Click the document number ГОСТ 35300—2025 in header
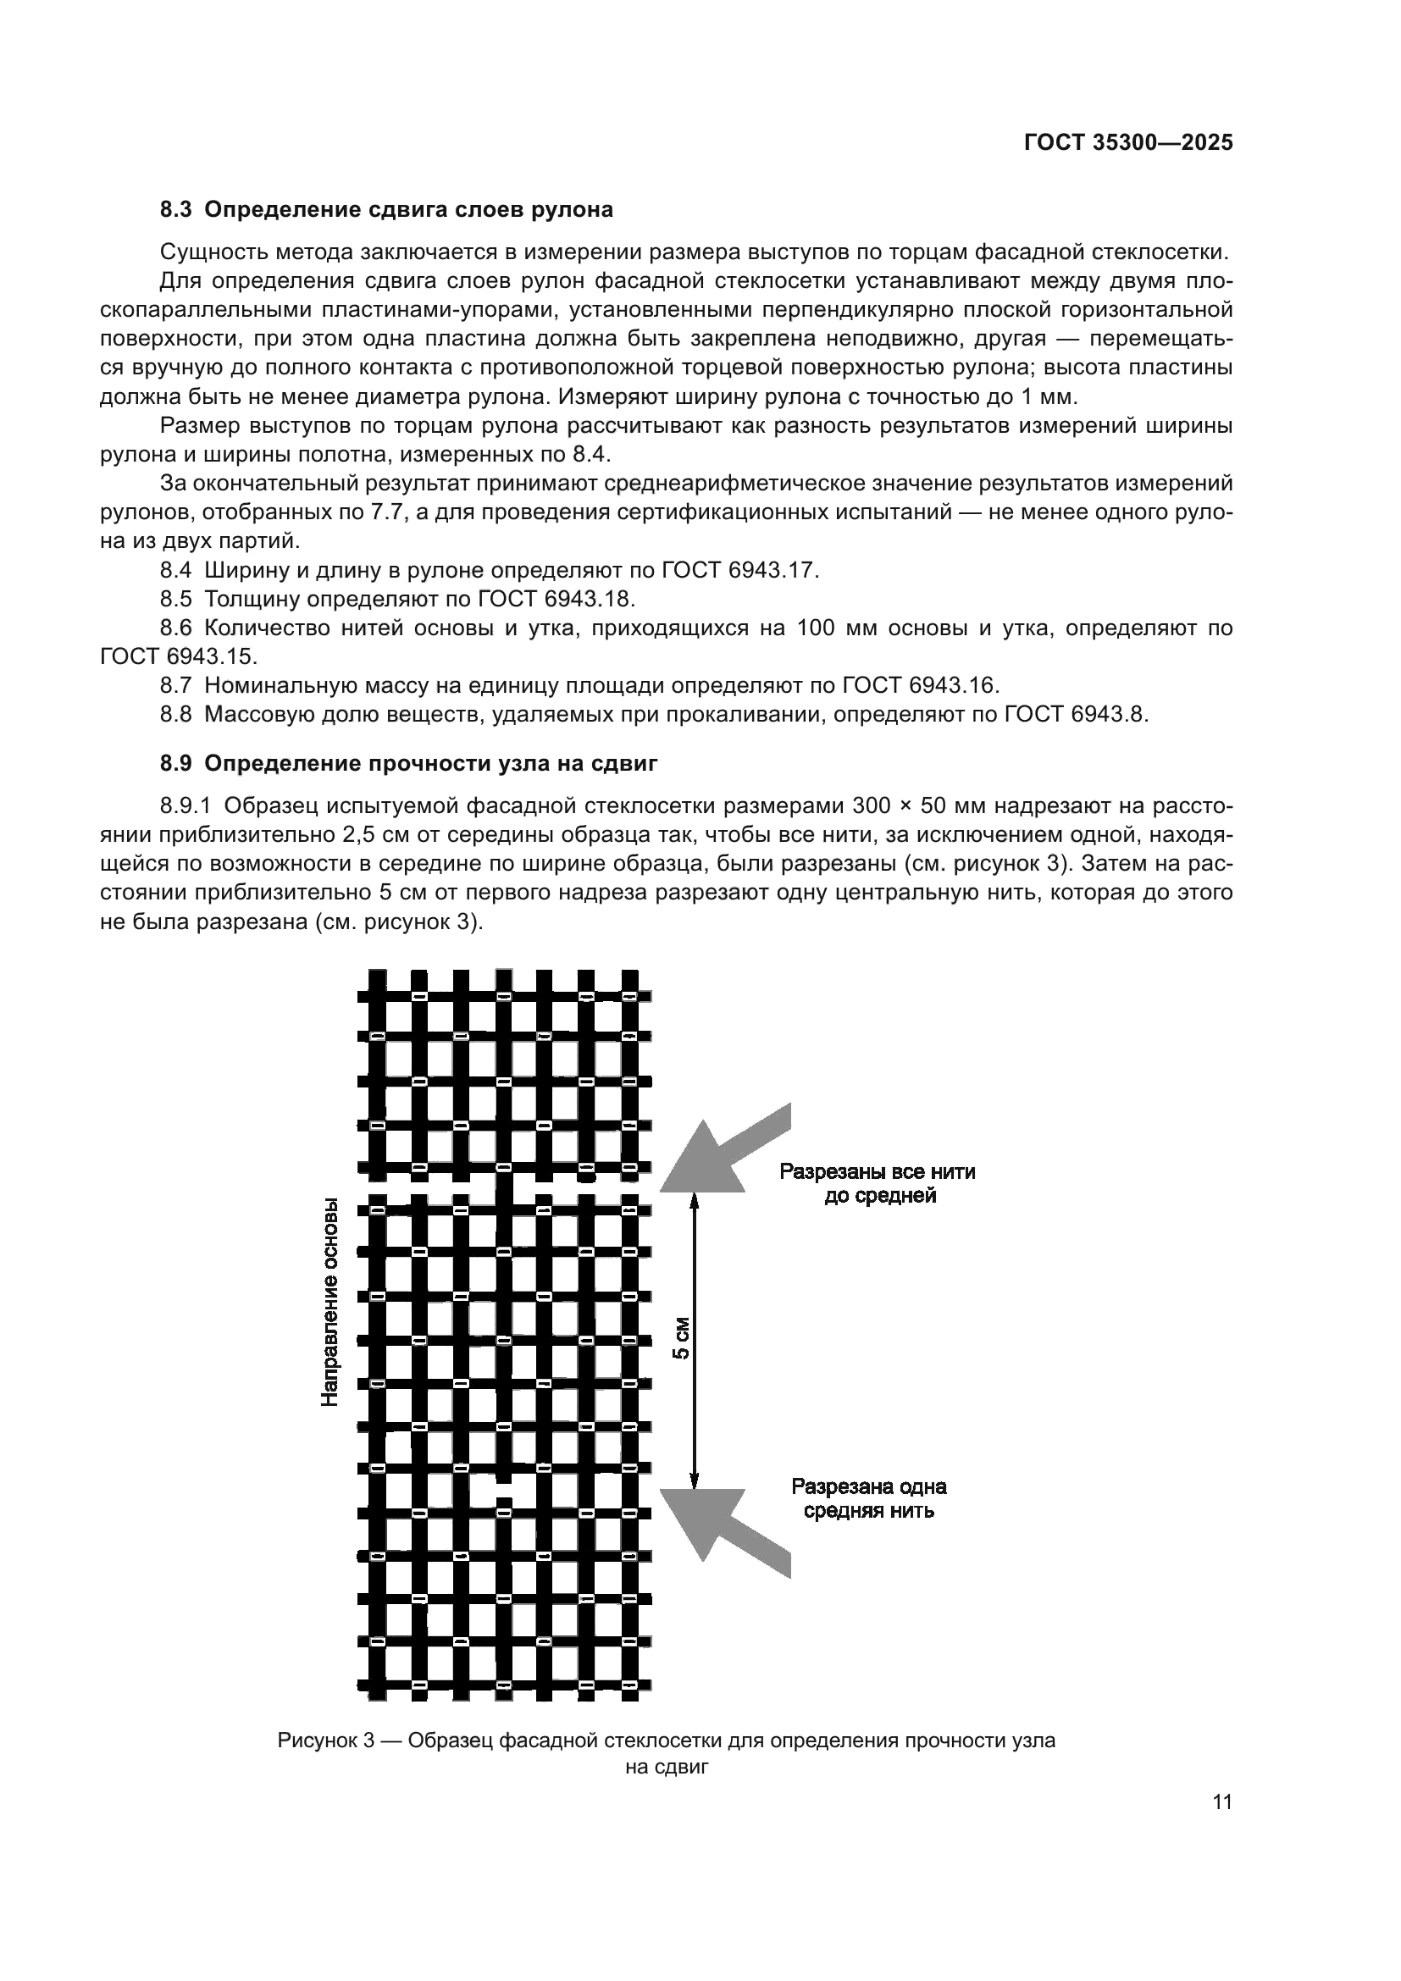pyautogui.click(x=1128, y=143)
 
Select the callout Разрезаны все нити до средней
pyautogui.click(x=878, y=1184)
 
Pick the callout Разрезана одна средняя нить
pyautogui.click(x=870, y=1499)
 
